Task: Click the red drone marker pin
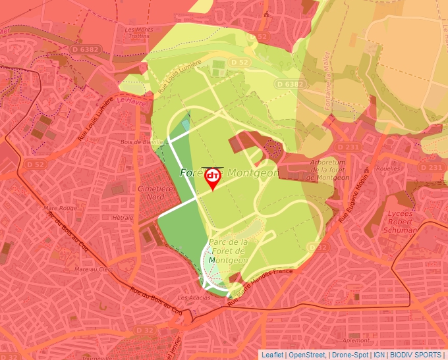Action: pos(213,178)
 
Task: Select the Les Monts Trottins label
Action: pos(139,33)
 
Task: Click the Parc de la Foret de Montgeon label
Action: pos(228,251)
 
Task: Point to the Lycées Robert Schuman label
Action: pos(401,222)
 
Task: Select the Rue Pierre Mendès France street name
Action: pos(260,284)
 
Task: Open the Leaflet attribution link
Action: pos(272,355)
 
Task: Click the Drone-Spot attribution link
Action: pos(350,355)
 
